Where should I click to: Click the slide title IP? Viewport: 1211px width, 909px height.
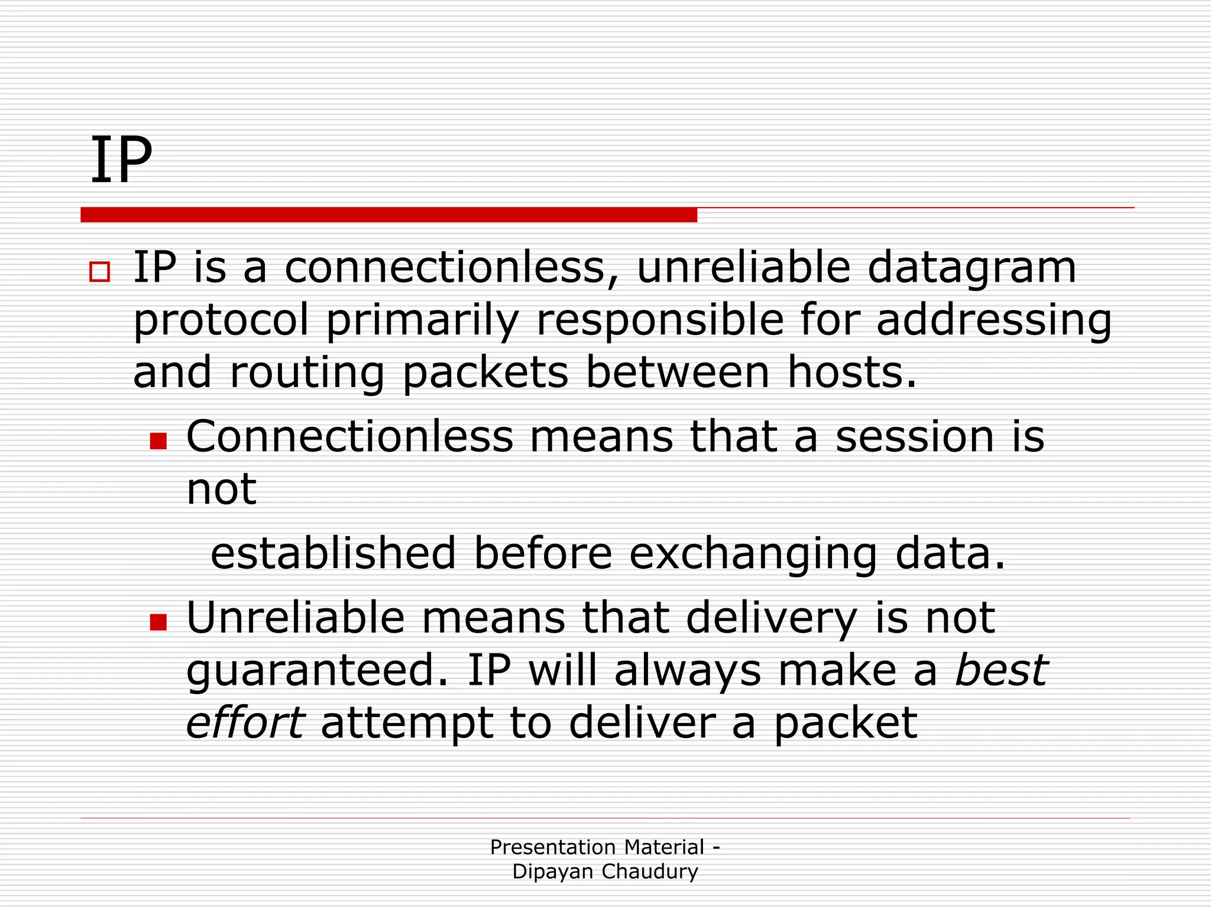(121, 160)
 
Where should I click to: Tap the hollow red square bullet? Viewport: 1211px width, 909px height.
(99, 272)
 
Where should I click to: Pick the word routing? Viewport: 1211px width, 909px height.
(307, 373)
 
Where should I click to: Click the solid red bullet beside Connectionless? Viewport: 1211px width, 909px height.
(158, 441)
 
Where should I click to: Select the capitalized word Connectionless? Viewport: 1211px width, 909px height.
(349, 437)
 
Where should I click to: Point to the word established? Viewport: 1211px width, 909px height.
(333, 553)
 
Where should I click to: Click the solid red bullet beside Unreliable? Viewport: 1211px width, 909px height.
(158, 622)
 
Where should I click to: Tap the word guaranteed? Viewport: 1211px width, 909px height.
(311, 671)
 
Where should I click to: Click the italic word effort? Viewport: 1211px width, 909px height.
(245, 723)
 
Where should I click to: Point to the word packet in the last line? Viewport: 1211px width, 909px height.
(846, 724)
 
